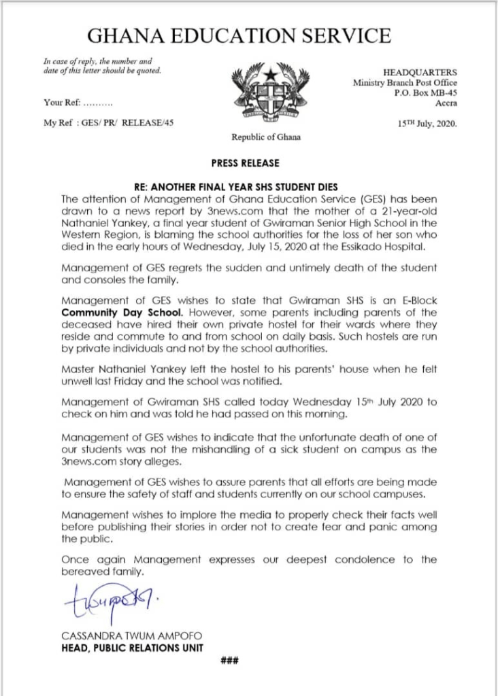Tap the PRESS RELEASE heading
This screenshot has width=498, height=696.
[x=249, y=164]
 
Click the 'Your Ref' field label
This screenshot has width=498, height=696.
[x=63, y=103]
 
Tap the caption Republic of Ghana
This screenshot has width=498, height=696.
[x=265, y=137]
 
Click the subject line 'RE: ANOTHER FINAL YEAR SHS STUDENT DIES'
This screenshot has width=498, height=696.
[x=249, y=187]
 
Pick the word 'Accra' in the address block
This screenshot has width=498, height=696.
[x=446, y=103]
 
